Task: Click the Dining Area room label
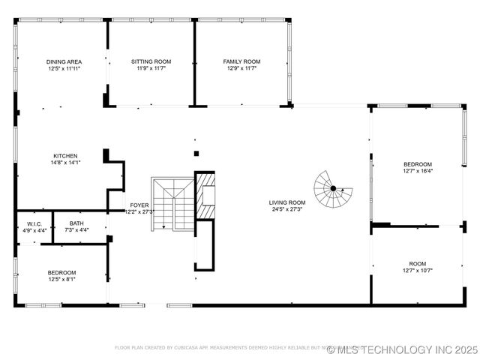tap(64, 61)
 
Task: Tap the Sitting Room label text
tap(151, 61)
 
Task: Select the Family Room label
tap(241, 61)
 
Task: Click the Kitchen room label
tap(65, 155)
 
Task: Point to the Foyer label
tap(139, 205)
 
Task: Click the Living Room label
tap(288, 202)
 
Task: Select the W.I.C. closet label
tap(34, 223)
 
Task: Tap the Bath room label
tap(76, 223)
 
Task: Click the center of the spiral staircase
tap(333, 188)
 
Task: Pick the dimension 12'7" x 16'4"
tap(418, 171)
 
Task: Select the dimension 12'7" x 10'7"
tap(417, 271)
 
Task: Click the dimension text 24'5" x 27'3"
tap(288, 209)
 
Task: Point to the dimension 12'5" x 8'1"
tap(62, 279)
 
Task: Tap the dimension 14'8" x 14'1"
tap(65, 162)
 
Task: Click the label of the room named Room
tap(417, 264)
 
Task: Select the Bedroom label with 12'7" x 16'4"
tap(418, 164)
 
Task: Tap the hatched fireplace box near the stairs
tap(205, 211)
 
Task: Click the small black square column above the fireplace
tap(196, 154)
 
